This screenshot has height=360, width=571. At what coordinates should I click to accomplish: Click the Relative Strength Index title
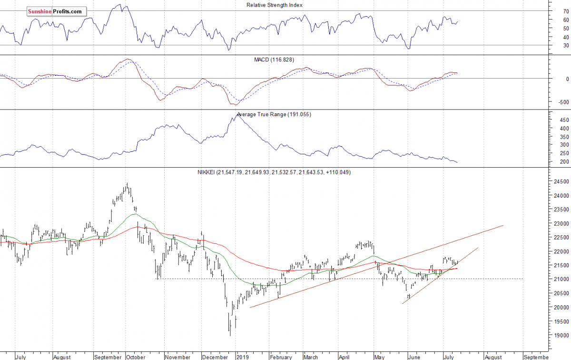[x=275, y=5]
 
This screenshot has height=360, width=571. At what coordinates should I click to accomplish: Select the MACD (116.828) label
[x=275, y=60]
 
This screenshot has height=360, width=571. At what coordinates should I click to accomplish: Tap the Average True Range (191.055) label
[x=275, y=115]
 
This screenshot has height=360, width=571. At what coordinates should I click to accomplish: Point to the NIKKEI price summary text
[x=275, y=172]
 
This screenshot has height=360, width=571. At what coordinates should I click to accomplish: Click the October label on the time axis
[x=136, y=356]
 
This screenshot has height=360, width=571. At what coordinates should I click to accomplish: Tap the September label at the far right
[x=537, y=356]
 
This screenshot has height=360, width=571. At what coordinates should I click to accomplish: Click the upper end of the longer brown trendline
[x=503, y=225]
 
